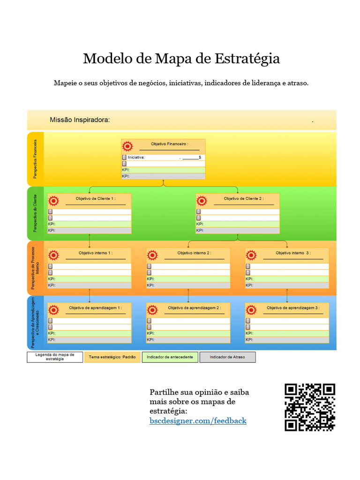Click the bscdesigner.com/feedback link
pyautogui.click(x=198, y=421)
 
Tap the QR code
pyautogui.click(x=310, y=407)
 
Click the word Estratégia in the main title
pyautogui.click(x=247, y=59)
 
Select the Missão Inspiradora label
pyautogui.click(x=80, y=120)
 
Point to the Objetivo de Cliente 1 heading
pyautogui.click(x=95, y=198)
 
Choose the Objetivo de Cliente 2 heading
pyautogui.click(x=243, y=198)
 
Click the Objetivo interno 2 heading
pyautogui.click(x=194, y=253)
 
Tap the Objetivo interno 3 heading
pyautogui.click(x=293, y=253)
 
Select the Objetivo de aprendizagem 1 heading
pyautogui.click(x=95, y=307)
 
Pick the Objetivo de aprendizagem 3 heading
pyautogui.click(x=293, y=307)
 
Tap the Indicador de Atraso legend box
pyautogui.click(x=228, y=357)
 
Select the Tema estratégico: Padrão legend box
pyautogui.click(x=112, y=357)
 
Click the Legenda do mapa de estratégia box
pyautogui.click(x=55, y=357)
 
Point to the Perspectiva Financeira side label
pyautogui.click(x=35, y=158)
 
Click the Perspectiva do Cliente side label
pyautogui.click(x=35, y=214)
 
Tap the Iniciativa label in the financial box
pyautogui.click(x=136, y=157)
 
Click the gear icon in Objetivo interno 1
pyautogui.click(x=53, y=255)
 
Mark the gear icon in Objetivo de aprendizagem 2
pyautogui.click(x=152, y=310)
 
